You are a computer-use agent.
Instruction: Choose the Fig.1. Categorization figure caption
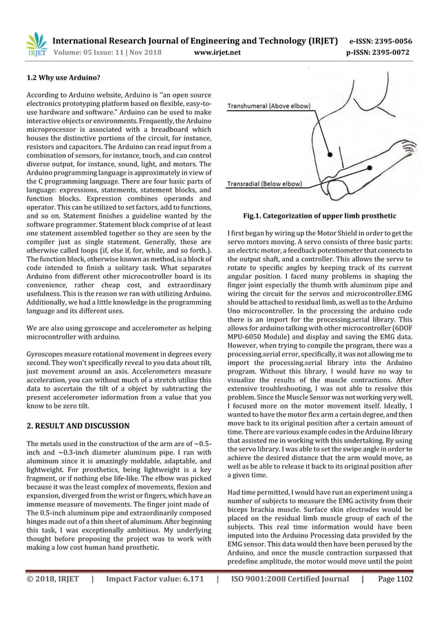(320, 216)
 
